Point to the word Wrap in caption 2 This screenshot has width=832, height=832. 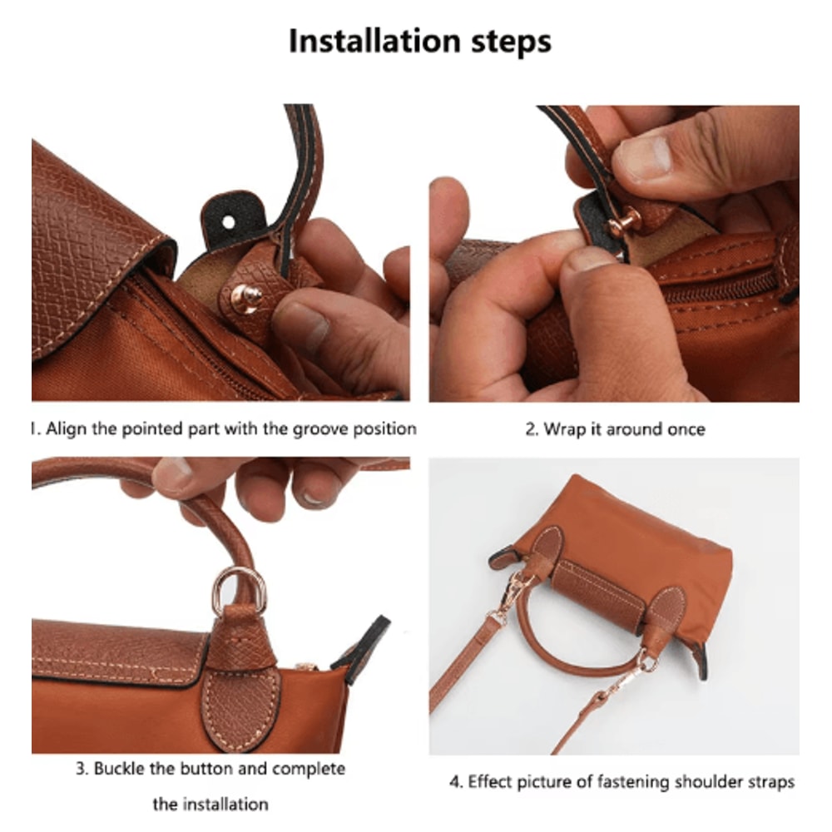pyautogui.click(x=563, y=429)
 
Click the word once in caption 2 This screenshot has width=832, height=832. pyautogui.click(x=686, y=429)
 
